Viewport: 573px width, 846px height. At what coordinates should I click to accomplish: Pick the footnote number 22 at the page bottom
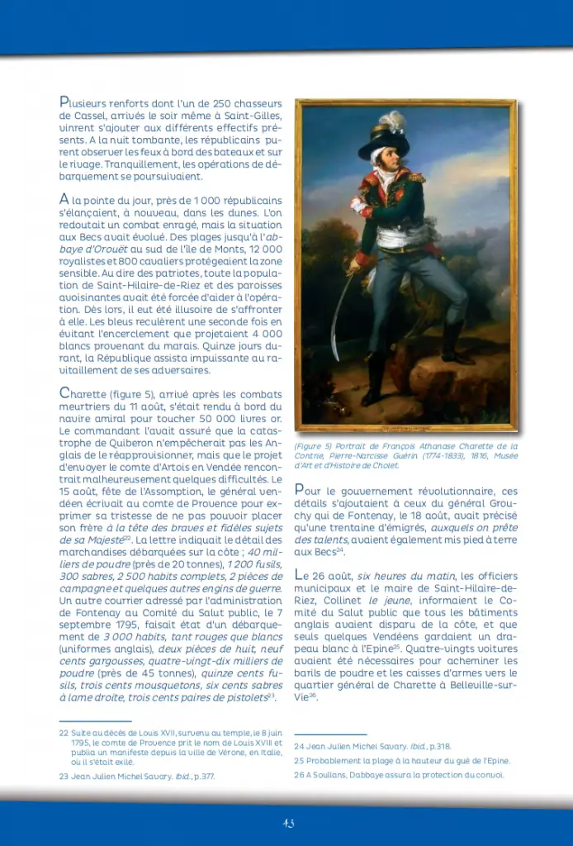(x=64, y=732)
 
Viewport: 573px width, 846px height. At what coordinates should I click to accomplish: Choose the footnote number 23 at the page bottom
(x=64, y=777)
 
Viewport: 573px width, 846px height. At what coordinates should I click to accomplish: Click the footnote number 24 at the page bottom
(x=299, y=746)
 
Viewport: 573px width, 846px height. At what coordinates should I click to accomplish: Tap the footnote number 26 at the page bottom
(x=299, y=775)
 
